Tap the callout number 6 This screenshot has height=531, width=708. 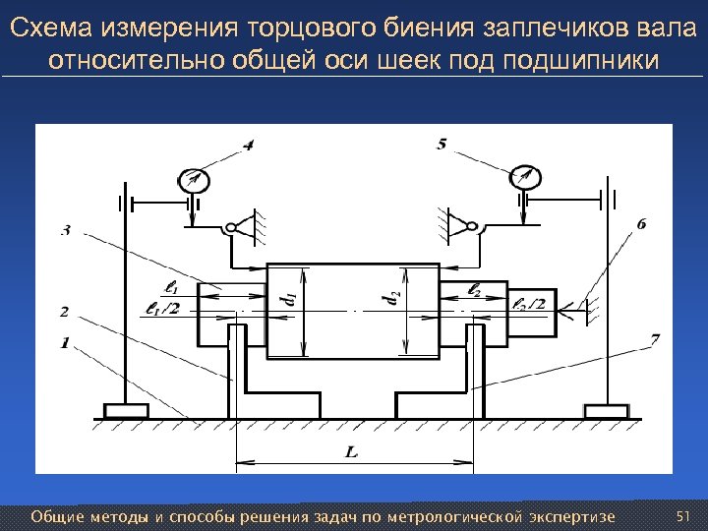[x=642, y=224]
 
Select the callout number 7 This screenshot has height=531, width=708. [x=654, y=340]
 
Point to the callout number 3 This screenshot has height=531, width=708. [x=64, y=231]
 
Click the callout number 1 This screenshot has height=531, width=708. [x=64, y=342]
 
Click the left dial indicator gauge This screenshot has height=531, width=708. [x=193, y=180]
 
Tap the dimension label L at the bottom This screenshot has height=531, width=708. [x=351, y=451]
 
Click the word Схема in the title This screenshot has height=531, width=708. [x=49, y=28]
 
